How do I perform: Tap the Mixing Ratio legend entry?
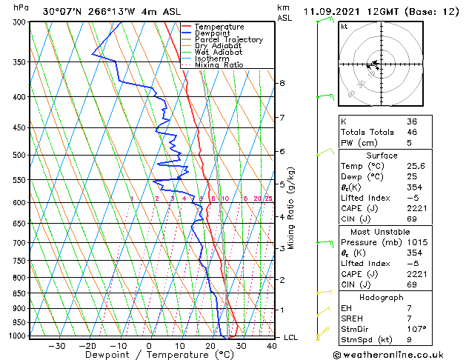click(219, 65)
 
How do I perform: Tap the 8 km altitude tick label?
click(282, 83)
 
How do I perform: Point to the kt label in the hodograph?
click(344, 27)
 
